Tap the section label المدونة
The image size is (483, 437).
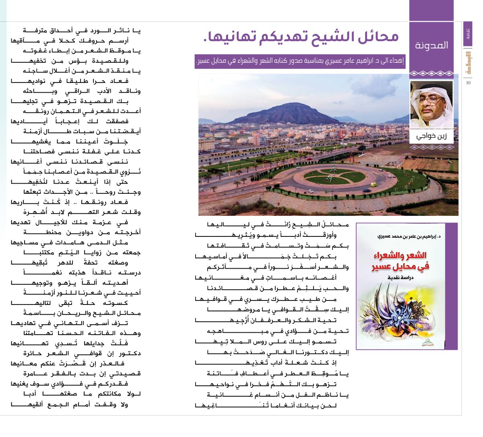pyautogui.click(x=431, y=45)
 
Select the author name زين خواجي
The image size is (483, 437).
pyautogui.click(x=431, y=137)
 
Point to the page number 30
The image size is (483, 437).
pyautogui.click(x=468, y=83)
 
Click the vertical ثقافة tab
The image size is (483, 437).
pyautogui.click(x=468, y=34)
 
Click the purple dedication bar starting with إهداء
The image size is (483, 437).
pyautogui.click(x=300, y=61)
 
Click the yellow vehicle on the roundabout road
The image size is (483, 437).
pyautogui.click(x=374, y=185)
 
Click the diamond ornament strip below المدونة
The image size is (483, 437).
pyautogui.click(x=431, y=74)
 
